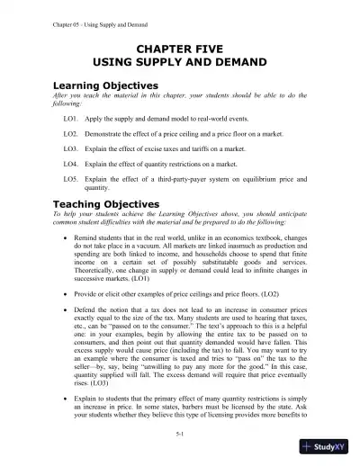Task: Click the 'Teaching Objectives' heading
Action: coord(102,203)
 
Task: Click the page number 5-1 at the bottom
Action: coord(180,434)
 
